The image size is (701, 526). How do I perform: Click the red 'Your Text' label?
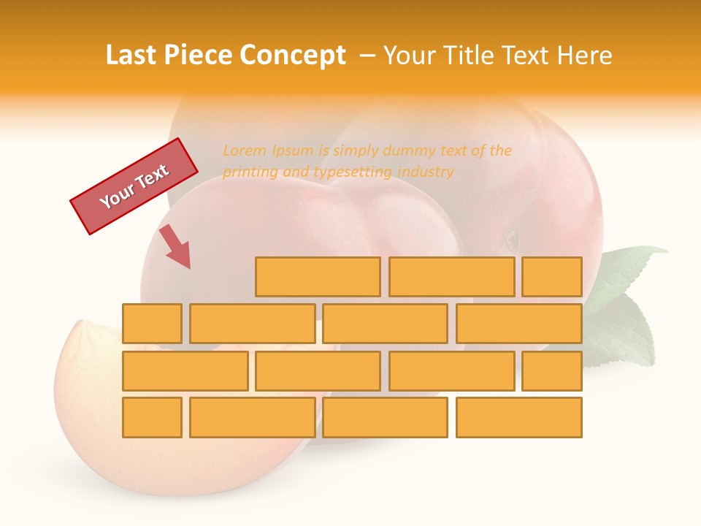134,186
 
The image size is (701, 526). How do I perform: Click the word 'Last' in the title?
131,56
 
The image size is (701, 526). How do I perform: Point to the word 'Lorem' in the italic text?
245,151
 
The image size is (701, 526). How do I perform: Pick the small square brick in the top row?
552,277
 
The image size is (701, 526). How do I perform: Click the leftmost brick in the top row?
318,277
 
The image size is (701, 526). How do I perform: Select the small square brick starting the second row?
152,324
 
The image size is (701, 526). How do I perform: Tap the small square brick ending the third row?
552,370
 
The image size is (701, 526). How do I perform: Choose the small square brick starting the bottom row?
152,417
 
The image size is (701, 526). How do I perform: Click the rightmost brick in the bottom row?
519,417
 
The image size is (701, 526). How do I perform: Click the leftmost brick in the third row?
185,370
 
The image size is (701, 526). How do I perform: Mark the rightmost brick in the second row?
519,324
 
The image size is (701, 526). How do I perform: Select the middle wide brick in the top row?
451,277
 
